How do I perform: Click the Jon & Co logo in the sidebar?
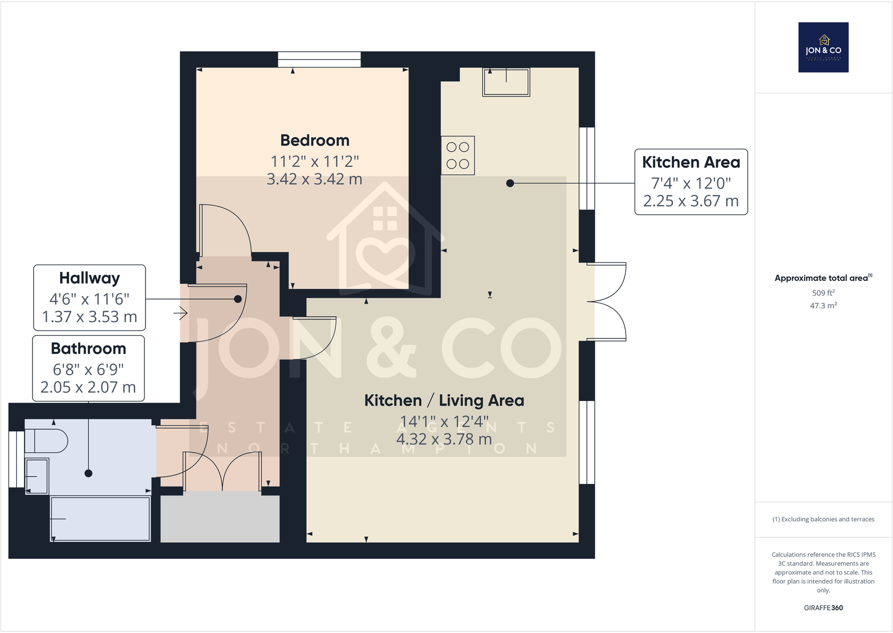[823, 47]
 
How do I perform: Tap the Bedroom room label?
[315, 140]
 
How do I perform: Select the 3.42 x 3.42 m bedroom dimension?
[315, 179]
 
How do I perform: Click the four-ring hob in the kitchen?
[458, 156]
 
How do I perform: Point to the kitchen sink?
[506, 82]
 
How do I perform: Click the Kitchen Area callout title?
[691, 162]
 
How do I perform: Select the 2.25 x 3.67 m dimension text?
[691, 201]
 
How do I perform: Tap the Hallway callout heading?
[89, 278]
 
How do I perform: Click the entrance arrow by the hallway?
[180, 313]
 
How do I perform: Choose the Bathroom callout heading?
[88, 349]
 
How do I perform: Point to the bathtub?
[100, 518]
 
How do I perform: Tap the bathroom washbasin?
[37, 476]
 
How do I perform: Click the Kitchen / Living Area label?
[444, 400]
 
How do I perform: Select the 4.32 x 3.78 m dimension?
[444, 439]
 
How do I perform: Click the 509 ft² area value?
[823, 293]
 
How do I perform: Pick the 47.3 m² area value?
[823, 306]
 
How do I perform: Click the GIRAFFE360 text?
[823, 608]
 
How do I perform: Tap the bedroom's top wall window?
[319, 59]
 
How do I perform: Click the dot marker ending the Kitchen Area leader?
[510, 183]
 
